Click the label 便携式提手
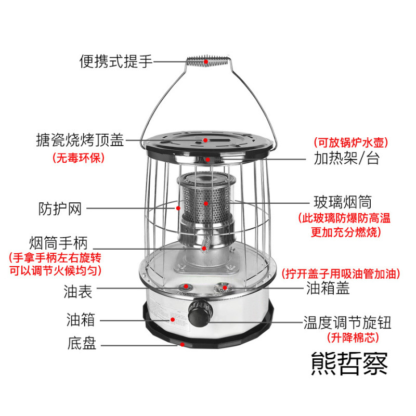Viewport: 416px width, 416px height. (115, 62)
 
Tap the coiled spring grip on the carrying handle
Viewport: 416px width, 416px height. (206, 61)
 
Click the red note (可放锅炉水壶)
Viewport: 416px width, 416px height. (351, 141)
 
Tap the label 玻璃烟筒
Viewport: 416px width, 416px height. (343, 201)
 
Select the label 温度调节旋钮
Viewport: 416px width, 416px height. (347, 322)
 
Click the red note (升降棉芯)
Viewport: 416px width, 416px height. (353, 338)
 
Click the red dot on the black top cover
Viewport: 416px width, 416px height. (206, 140)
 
